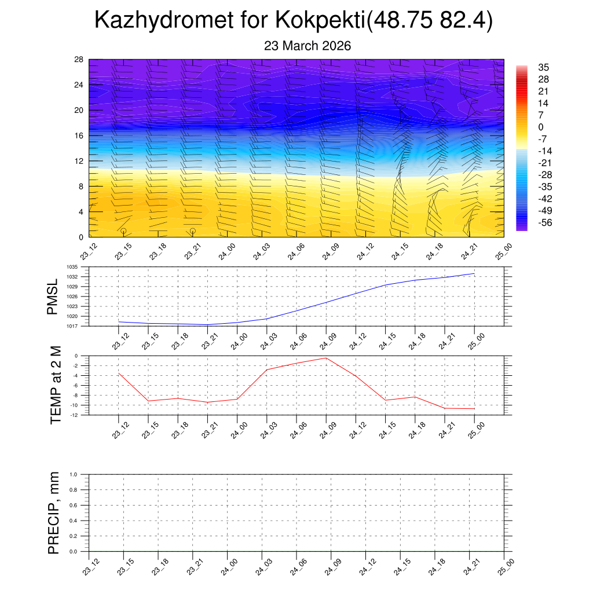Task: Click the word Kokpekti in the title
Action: [319, 20]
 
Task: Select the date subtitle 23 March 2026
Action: [308, 46]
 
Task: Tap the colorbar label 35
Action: [543, 67]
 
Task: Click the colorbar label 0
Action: [541, 127]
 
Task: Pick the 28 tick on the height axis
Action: [79, 59]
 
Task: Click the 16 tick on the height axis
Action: [79, 136]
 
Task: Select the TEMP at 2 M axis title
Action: [56, 385]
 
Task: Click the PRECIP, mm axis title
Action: [54, 513]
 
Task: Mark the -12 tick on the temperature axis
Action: [75, 415]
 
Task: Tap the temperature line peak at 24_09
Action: [326, 358]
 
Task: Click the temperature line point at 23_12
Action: [119, 374]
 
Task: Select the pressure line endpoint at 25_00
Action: [474, 273]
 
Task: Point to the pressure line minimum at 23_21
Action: [207, 324]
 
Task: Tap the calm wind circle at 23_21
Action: [192, 230]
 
